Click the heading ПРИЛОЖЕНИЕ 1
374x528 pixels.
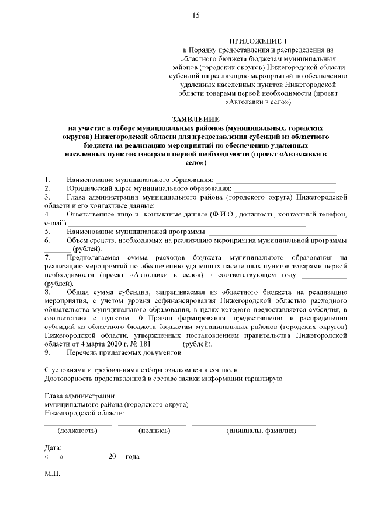click(258, 41)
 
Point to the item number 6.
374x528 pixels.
click(47, 240)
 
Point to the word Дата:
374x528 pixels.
click(53, 447)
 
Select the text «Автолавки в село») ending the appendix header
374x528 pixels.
click(258, 101)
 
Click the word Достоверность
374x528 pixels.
click(74, 379)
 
